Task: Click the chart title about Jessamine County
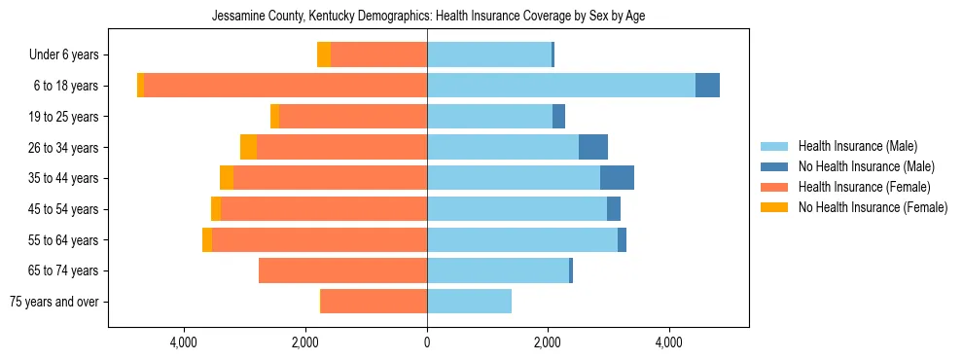tap(428, 16)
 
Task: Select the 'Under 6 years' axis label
tap(70, 55)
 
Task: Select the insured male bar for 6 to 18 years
tap(561, 86)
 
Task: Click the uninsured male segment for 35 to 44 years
tap(617, 178)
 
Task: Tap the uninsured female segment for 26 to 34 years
tap(248, 147)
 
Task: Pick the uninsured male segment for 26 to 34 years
tap(593, 147)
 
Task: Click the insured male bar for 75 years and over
tap(469, 302)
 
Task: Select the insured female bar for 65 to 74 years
tap(342, 270)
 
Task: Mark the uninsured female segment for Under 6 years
tap(324, 54)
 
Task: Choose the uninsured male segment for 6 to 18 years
tap(707, 86)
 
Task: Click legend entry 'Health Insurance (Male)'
tap(857, 146)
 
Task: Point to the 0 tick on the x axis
tap(427, 342)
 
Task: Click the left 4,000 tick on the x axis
tap(184, 342)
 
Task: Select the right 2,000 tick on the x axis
tap(548, 342)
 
